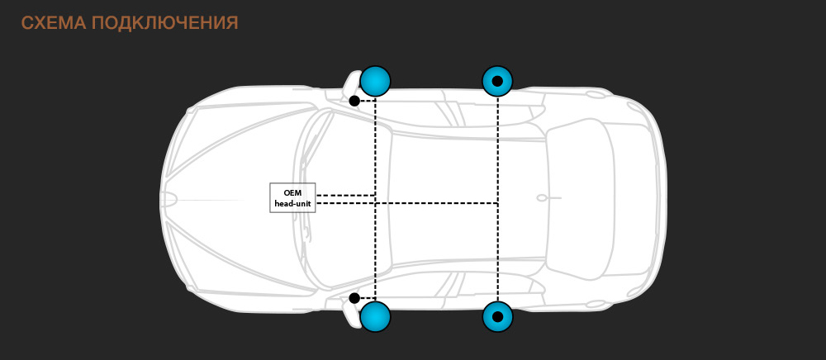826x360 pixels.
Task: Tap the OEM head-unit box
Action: pos(292,198)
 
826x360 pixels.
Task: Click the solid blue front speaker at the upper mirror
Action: pos(375,81)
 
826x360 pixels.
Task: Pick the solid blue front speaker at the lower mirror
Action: pos(375,317)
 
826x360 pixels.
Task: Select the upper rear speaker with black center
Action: pos(497,81)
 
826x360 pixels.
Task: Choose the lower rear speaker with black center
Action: pos(497,317)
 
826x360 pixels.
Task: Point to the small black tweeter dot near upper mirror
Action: pos(354,101)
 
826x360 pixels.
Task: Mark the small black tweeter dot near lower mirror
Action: pos(354,298)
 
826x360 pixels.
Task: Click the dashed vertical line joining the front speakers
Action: pos(375,199)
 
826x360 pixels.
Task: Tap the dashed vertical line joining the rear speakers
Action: pos(497,199)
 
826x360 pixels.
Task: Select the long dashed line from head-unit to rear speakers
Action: pos(406,202)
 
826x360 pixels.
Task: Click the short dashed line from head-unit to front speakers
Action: pos(345,195)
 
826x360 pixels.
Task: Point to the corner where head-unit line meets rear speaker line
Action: pos(497,202)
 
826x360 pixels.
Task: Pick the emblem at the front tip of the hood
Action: pos(169,200)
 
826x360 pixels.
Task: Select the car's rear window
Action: pos(580,199)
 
